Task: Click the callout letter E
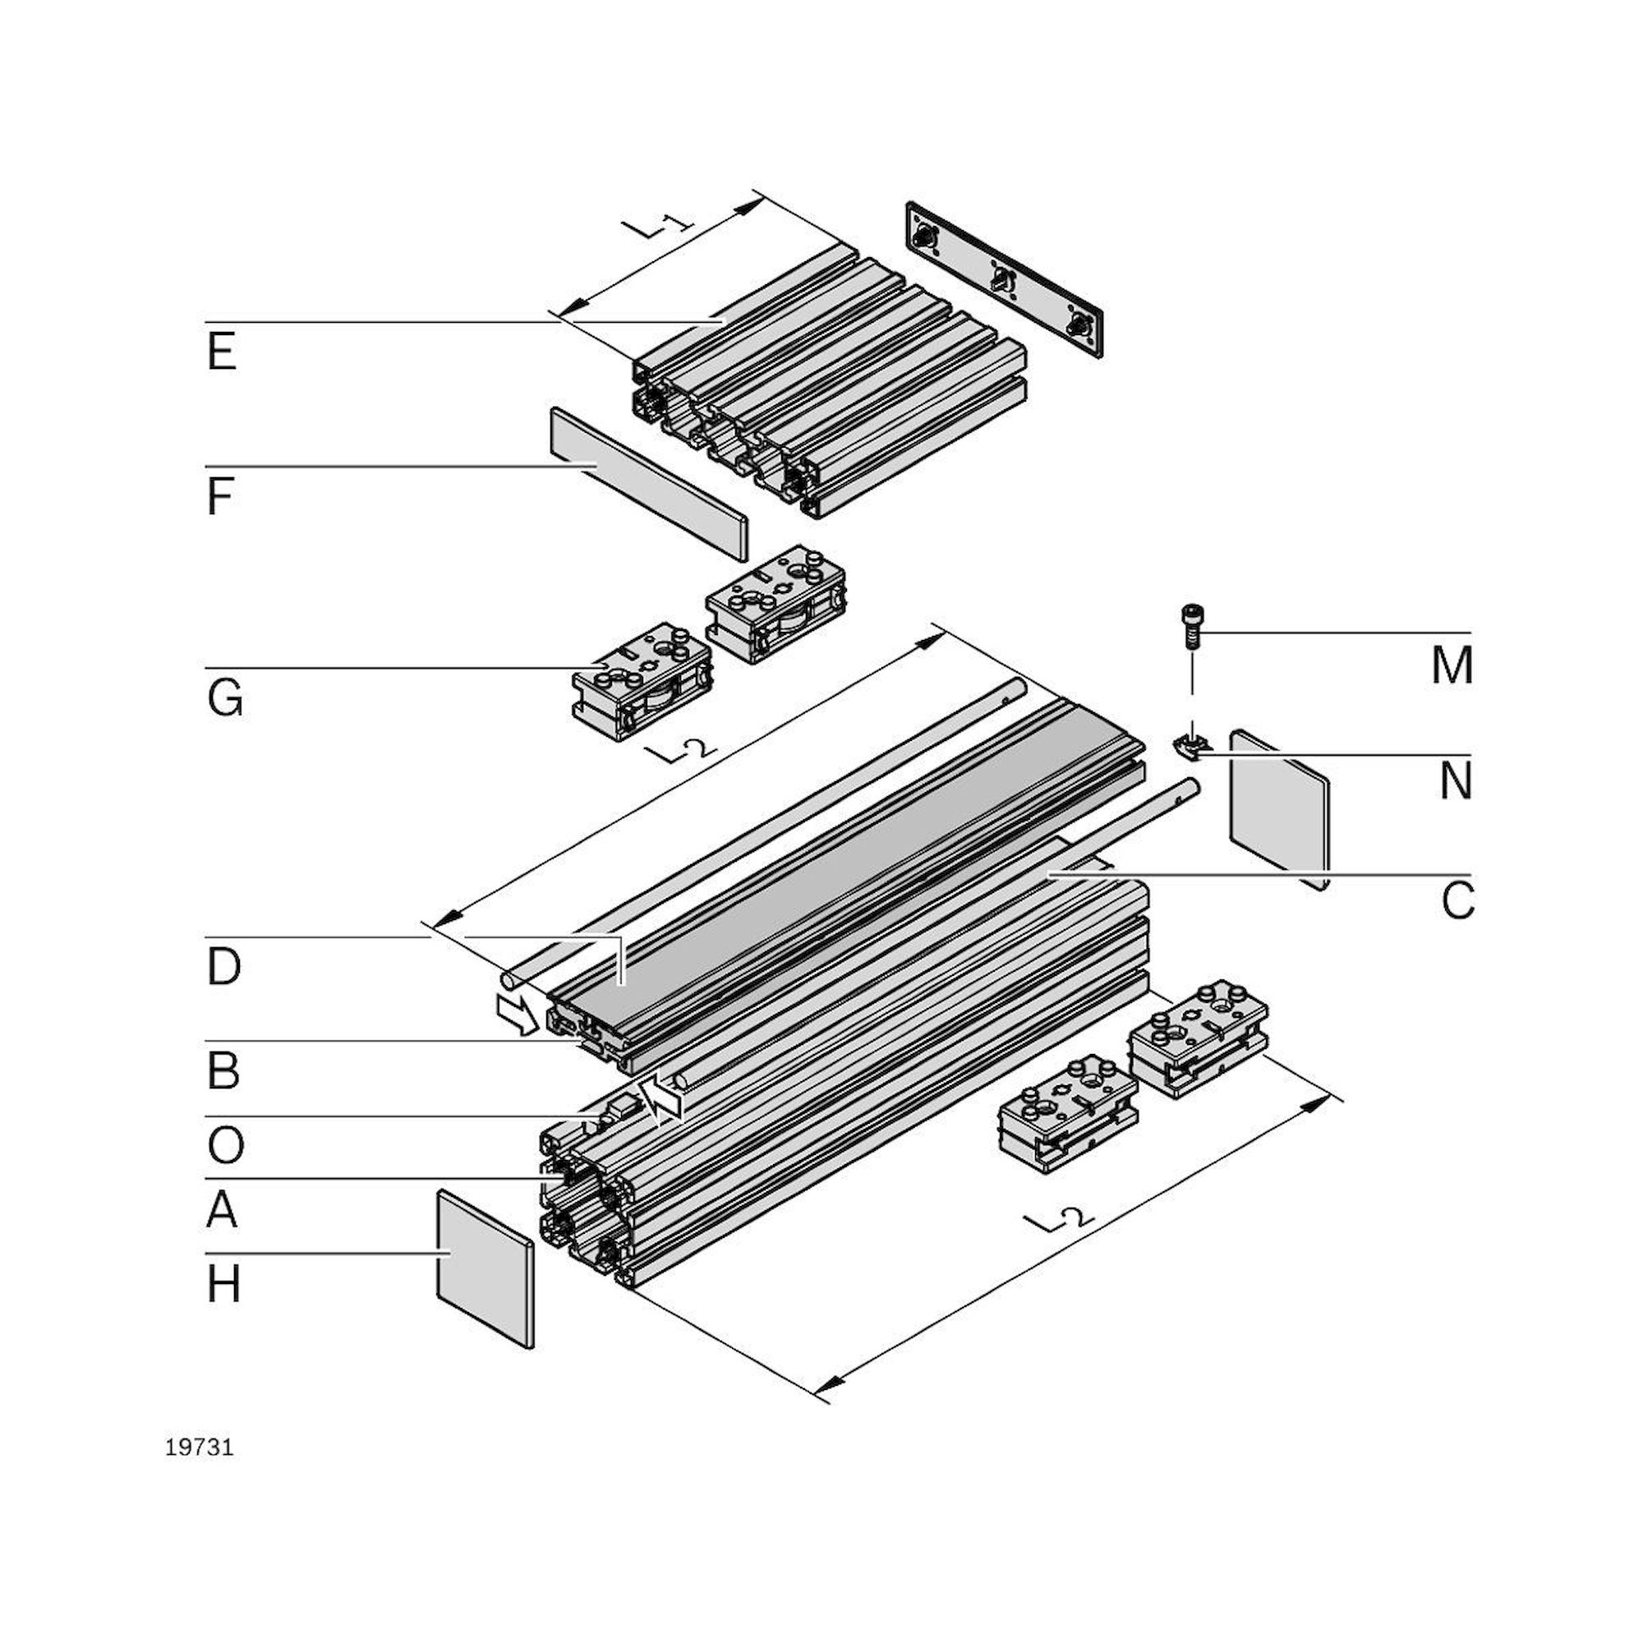[x=221, y=352]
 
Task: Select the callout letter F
[x=220, y=497]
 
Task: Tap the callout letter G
[x=224, y=699]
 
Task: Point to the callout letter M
[x=1452, y=665]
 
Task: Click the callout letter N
[x=1455, y=780]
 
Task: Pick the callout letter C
[x=1457, y=900]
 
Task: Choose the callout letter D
[x=223, y=967]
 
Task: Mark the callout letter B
[x=223, y=1070]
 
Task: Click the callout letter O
[x=225, y=1144]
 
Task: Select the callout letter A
[x=222, y=1209]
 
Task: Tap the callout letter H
[x=223, y=1284]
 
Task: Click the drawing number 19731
[x=199, y=1448]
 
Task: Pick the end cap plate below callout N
[x=1278, y=808]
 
